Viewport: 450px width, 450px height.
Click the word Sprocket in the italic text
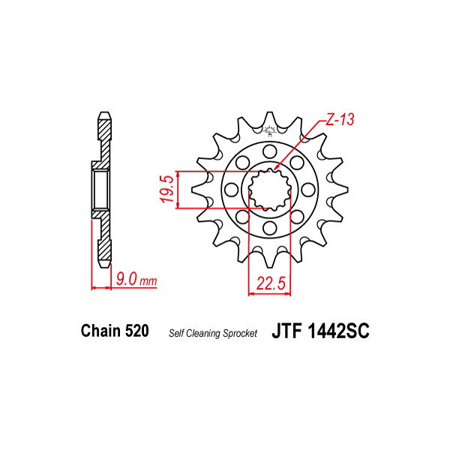(241, 332)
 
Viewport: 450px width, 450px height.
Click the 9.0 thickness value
(125, 280)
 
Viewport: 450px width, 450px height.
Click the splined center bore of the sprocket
(268, 189)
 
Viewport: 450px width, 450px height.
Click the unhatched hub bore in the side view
(101, 189)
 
